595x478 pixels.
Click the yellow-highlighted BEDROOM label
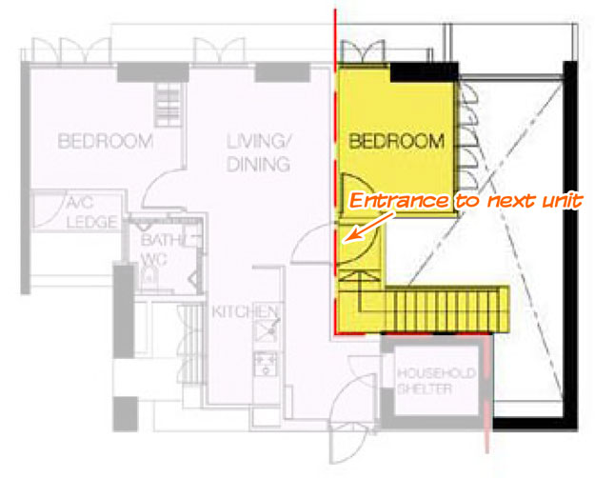pyautogui.click(x=396, y=141)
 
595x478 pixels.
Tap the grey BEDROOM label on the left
pyautogui.click(x=106, y=141)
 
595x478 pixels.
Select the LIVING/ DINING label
pyautogui.click(x=258, y=153)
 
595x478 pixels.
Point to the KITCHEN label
pyautogui.click(x=246, y=311)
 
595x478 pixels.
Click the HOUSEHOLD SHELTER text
pyautogui.click(x=436, y=381)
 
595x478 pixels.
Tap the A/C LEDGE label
pyautogui.click(x=91, y=212)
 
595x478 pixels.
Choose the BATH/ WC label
pyautogui.click(x=164, y=249)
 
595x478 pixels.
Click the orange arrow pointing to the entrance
pyautogui.click(x=368, y=227)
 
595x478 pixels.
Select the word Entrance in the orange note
pyautogui.click(x=399, y=200)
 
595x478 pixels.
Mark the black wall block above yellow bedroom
pyautogui.click(x=425, y=71)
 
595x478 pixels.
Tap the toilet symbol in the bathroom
pyautogui.click(x=149, y=276)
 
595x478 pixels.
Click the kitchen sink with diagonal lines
pyautogui.click(x=267, y=330)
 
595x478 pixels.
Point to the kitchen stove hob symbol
pyautogui.click(x=266, y=364)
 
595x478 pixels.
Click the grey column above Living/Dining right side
pyautogui.click(x=283, y=72)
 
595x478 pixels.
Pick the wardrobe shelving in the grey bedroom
pyautogui.click(x=169, y=105)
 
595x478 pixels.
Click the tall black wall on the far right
pyautogui.click(x=570, y=243)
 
